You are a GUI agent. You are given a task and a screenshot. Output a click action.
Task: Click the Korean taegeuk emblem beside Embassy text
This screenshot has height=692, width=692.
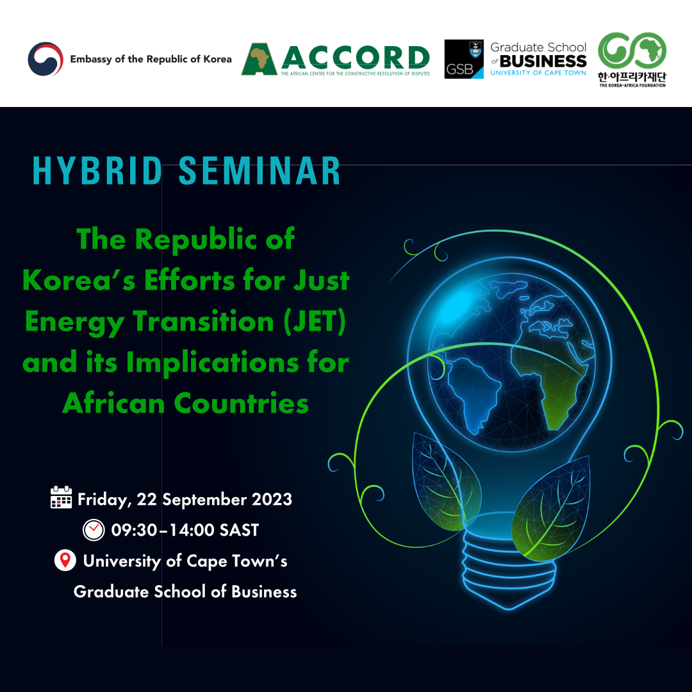pos(45,60)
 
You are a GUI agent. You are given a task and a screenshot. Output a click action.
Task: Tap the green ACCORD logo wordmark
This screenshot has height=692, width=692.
pos(355,58)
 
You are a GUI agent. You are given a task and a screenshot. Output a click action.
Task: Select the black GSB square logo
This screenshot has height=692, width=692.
pos(464,60)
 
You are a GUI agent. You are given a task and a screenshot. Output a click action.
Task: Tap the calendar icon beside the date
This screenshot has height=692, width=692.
pos(61,497)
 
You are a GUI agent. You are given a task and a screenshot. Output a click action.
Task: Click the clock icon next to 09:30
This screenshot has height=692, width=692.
pos(94,530)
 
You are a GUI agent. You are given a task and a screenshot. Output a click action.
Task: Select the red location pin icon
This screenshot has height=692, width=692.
pos(64,561)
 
